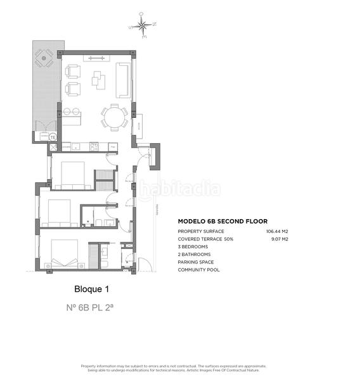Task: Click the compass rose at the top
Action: coord(143,26)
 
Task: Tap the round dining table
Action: coord(115,117)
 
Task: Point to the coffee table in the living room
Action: coord(98,79)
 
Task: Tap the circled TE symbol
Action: coord(53,137)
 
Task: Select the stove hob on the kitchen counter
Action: coord(94,146)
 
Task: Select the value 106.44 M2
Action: coord(277,232)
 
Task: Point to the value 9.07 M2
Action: coord(280,239)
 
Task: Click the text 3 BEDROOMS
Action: coord(193,247)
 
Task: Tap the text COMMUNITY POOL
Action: coord(199,270)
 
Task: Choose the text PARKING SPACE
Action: coord(196,262)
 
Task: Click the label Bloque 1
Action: coord(92,289)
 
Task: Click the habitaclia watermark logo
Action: coord(180,189)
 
